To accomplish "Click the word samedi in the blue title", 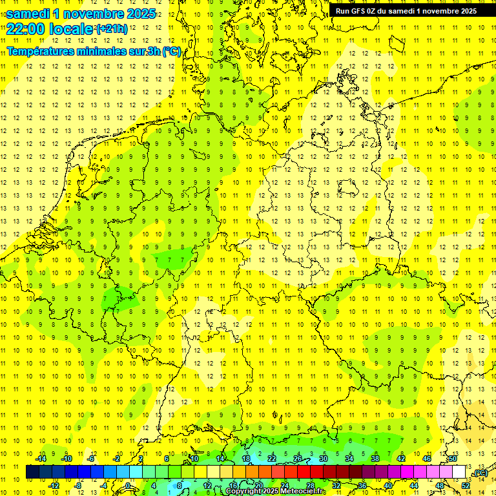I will tap(29, 14).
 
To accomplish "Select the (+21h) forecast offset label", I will tap(111, 28).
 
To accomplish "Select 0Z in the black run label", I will tap(375, 11).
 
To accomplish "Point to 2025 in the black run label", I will tap(465, 11).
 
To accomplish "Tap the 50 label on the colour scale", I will tap(453, 459).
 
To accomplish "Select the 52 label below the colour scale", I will tap(465, 485).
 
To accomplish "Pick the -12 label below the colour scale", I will tap(54, 485).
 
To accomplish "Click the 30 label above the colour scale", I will tap(323, 459).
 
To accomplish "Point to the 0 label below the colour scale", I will tap(128, 485).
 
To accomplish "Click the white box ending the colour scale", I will tap(459, 472).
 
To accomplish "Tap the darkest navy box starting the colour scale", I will tap(32, 472).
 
